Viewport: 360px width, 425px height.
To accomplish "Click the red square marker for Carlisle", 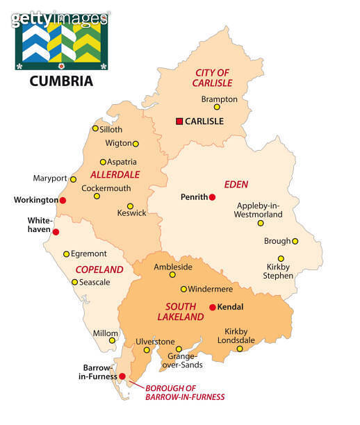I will (179, 121).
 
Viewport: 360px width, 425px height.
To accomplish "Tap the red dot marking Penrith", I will (213, 197).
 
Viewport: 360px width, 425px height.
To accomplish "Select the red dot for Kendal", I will (212, 307).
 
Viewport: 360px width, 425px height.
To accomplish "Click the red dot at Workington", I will (63, 200).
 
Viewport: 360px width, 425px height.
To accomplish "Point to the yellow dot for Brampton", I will (217, 107).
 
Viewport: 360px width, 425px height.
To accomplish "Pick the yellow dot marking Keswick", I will (130, 206).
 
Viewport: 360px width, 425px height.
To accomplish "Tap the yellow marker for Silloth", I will (95, 128).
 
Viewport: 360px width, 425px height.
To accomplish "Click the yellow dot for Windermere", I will (183, 289).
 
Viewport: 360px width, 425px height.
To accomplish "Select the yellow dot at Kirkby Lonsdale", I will (240, 349).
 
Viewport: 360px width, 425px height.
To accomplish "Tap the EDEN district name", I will (236, 184).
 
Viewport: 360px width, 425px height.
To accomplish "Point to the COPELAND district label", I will (99, 269).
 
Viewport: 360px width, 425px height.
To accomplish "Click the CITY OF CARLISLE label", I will (212, 78).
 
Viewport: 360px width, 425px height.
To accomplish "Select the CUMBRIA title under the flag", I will (61, 81).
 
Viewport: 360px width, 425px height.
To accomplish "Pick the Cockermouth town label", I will (106, 188).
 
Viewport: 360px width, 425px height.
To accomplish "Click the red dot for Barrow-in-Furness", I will (122, 376).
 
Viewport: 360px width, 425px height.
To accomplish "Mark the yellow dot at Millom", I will (113, 340).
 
